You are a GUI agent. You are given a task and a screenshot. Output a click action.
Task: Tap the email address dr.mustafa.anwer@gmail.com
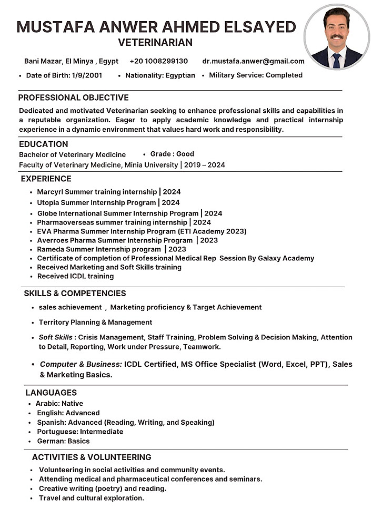(253, 61)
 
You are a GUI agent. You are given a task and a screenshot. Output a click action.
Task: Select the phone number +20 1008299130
(158, 61)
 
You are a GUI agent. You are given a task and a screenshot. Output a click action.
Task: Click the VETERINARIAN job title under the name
(155, 42)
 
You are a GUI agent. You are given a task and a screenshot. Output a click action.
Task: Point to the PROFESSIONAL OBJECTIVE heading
(73, 97)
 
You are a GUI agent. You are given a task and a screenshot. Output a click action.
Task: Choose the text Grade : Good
(172, 154)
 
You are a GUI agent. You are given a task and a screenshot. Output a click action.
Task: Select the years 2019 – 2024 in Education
(205, 165)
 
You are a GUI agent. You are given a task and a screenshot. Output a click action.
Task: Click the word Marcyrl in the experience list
(50, 192)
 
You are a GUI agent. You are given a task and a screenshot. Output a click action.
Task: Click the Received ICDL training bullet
(75, 276)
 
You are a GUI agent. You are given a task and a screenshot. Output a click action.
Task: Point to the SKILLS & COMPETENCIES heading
(75, 294)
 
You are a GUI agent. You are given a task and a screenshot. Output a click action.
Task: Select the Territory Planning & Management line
(95, 322)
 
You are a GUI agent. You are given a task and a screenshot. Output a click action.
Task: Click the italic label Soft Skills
(56, 337)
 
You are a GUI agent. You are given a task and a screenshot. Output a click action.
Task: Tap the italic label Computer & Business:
(81, 364)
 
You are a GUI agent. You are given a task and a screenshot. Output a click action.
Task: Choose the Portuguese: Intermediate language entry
(79, 432)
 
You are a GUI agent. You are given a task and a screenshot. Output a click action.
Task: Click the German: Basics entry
(63, 441)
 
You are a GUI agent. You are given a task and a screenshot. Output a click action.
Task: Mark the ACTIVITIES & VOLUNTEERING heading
(92, 457)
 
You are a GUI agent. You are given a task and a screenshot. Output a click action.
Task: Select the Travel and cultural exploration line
(91, 498)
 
